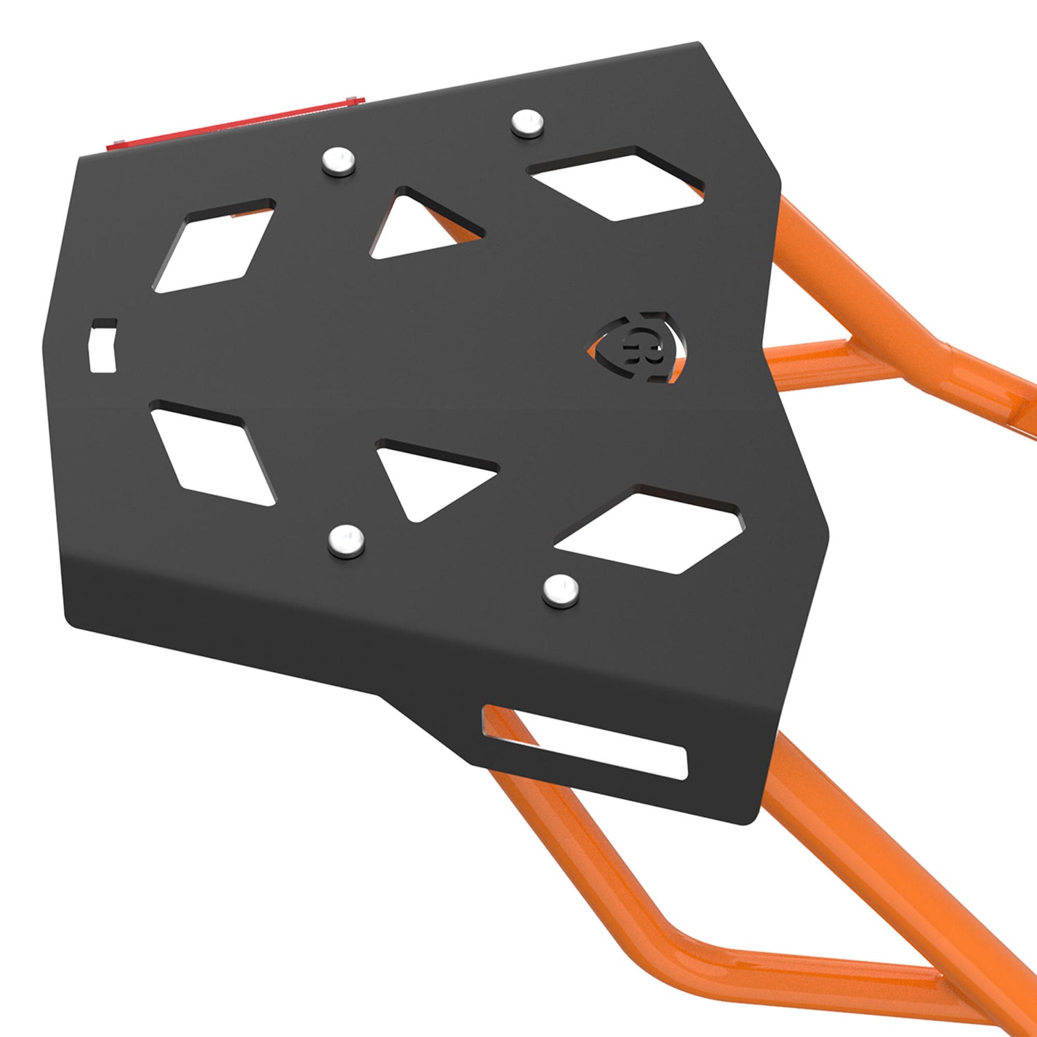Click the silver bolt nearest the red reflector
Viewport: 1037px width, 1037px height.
(339, 161)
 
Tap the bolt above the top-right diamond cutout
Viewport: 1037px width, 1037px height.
(527, 123)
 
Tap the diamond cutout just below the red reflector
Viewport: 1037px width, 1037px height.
(214, 245)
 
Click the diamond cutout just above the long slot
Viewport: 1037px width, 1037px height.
(650, 529)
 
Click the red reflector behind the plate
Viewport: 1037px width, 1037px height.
(235, 125)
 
